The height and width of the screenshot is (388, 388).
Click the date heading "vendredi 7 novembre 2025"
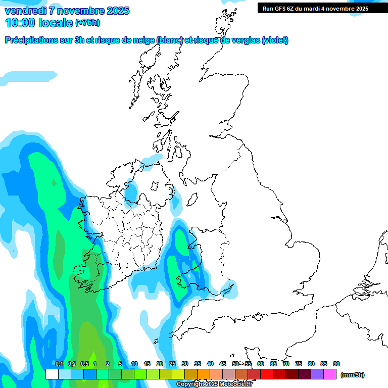[x=67, y=11]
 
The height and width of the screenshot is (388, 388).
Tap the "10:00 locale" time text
[x=39, y=23]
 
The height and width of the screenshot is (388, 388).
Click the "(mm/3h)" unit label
[x=352, y=375]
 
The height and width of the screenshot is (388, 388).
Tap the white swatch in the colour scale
[x=52, y=374]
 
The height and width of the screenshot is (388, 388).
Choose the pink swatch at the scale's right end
[x=330, y=374]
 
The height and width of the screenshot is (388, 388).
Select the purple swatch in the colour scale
[x=317, y=374]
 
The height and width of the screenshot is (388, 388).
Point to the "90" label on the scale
[x=336, y=364]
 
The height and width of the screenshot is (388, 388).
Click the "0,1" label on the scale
[x=59, y=364]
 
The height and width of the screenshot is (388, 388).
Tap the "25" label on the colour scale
[x=172, y=364]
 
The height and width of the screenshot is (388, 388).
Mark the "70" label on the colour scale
[x=286, y=364]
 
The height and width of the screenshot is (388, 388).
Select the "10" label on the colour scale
[x=134, y=364]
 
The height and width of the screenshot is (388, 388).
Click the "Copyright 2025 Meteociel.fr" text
[x=214, y=384]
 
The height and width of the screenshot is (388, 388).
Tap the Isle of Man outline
[x=192, y=200]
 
